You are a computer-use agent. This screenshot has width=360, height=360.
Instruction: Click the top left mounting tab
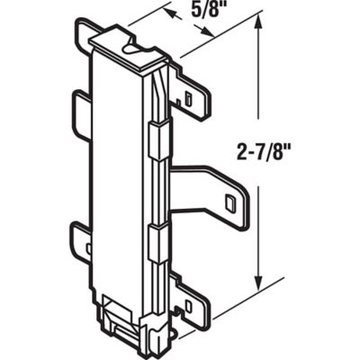pos(86,37)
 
